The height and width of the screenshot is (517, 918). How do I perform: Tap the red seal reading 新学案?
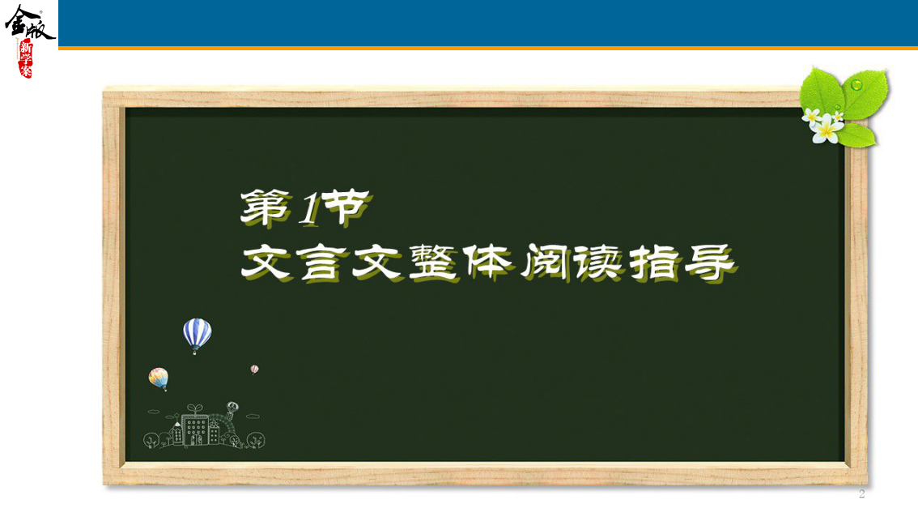[26, 59]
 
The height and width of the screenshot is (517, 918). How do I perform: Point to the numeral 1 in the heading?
[308, 210]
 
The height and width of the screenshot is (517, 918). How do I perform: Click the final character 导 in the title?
[710, 263]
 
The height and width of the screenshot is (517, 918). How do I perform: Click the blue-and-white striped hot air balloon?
[197, 334]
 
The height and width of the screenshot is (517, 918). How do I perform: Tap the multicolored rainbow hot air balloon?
[159, 378]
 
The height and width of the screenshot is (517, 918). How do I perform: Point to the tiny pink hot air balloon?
[254, 370]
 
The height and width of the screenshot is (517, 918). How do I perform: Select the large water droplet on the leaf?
[856, 85]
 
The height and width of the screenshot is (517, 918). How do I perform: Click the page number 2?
[861, 493]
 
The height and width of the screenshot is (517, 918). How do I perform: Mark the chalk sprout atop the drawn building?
[195, 408]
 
